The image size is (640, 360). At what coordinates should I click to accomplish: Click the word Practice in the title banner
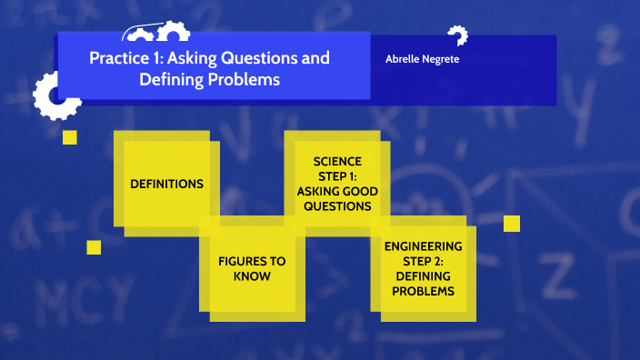coord(117,59)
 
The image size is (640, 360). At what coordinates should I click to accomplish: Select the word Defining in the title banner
coord(170,79)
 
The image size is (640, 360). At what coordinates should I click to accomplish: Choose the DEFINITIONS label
coord(166,184)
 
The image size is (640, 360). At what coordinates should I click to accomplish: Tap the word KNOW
coord(252,276)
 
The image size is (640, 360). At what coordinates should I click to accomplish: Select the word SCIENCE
coord(336,161)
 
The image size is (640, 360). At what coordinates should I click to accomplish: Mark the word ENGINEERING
coord(423,246)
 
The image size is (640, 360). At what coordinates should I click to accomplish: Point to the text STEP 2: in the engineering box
coord(423,262)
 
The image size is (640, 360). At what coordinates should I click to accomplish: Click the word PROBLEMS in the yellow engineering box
coord(423,291)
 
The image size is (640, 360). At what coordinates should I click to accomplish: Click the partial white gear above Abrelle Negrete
coord(458,35)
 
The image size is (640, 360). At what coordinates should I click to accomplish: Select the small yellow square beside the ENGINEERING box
coord(512,224)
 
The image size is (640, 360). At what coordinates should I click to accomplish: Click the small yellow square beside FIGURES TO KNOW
coord(94,247)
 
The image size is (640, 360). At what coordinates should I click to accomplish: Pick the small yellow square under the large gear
coord(70,137)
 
